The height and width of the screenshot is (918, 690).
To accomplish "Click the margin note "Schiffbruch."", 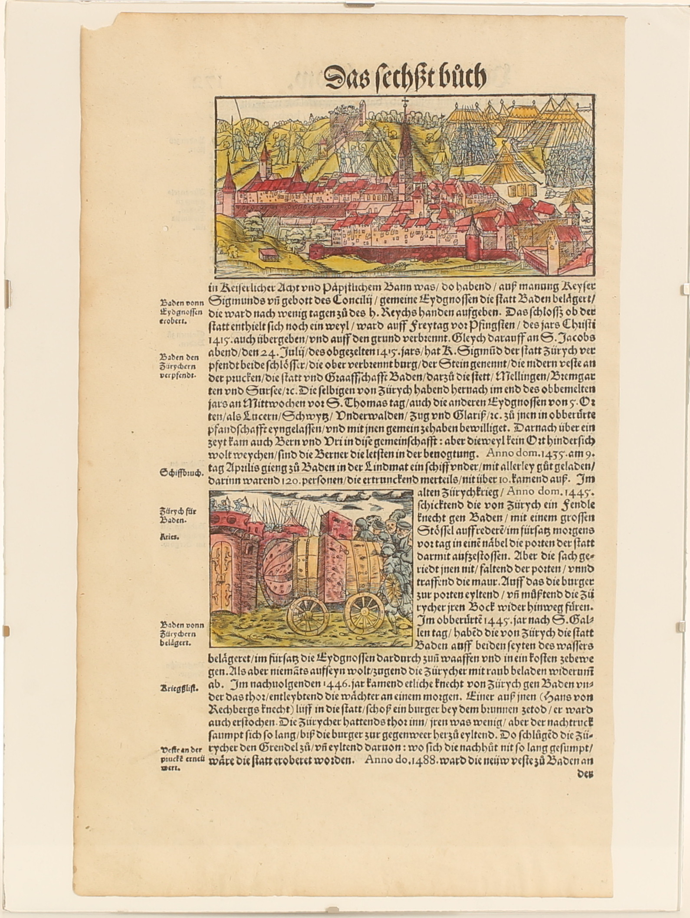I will [x=182, y=474].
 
